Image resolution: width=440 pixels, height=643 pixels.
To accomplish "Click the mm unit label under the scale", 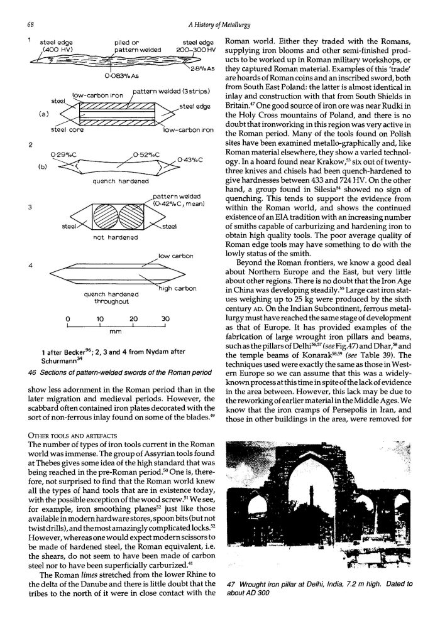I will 115,335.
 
